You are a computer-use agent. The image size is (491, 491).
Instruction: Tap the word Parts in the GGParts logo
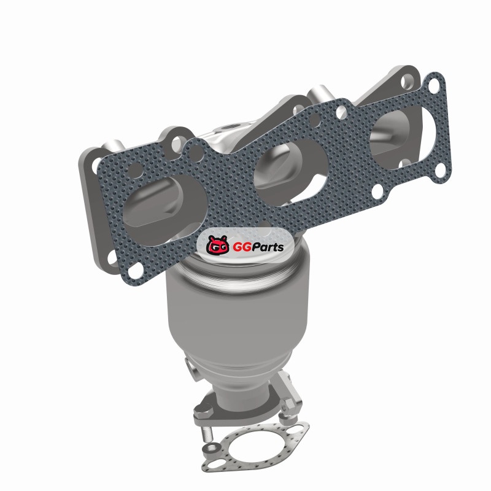[268, 247]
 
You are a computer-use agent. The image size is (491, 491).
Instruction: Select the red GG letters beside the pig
[242, 247]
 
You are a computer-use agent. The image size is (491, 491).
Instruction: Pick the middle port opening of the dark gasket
[290, 170]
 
